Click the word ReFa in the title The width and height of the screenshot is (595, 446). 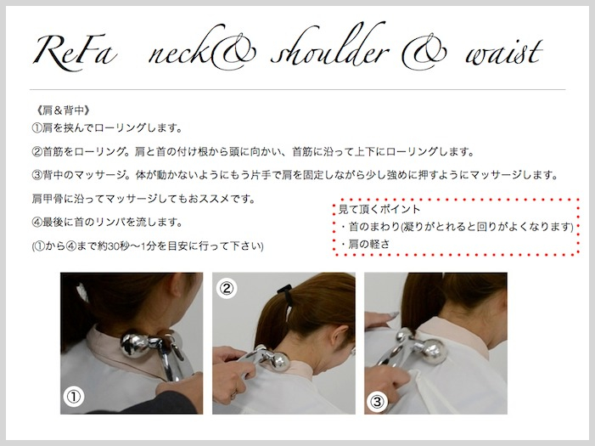(x=75, y=50)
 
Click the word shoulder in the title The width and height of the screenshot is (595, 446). (x=330, y=48)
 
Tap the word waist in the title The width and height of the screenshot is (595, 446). (x=503, y=54)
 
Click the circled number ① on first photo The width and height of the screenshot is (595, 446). (x=74, y=397)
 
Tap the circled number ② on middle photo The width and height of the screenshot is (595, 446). (x=227, y=288)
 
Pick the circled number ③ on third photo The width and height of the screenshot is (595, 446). (x=377, y=402)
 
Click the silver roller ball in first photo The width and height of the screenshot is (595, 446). (x=135, y=345)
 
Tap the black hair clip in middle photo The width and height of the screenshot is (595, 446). (x=284, y=291)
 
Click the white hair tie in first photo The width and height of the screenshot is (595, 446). (x=81, y=292)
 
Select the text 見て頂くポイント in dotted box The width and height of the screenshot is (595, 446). (x=379, y=209)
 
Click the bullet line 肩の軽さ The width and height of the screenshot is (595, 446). (x=365, y=244)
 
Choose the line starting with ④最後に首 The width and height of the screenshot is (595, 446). (x=108, y=223)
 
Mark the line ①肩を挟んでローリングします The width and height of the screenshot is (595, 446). (x=108, y=128)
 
